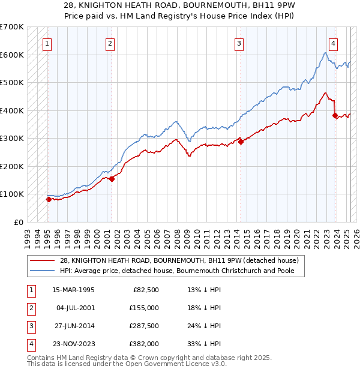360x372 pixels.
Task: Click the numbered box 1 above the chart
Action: click(x=47, y=43)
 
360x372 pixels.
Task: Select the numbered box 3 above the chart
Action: click(x=239, y=43)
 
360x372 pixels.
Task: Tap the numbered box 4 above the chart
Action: click(x=332, y=43)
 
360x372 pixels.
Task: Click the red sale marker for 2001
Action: click(x=112, y=178)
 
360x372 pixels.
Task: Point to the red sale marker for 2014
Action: click(x=241, y=142)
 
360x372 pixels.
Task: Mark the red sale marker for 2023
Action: click(x=335, y=116)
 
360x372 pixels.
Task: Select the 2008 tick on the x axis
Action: click(x=176, y=235)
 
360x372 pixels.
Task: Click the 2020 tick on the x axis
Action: click(x=296, y=235)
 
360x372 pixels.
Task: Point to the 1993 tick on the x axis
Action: click(x=27, y=235)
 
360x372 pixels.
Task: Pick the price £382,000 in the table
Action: click(x=145, y=344)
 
